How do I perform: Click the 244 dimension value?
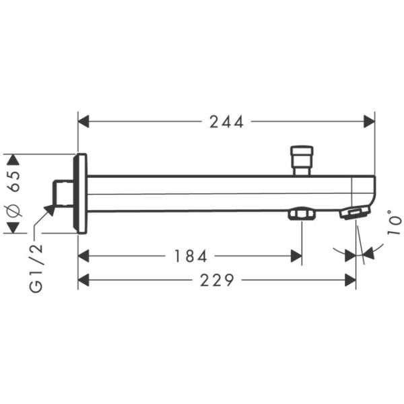tap(226, 121)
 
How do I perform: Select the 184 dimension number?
tap(191, 256)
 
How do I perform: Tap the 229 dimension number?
tap(217, 280)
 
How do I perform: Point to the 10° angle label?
tap(395, 222)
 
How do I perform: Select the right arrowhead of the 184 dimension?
tap(296, 256)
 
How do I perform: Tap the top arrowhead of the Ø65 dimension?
tap(11, 160)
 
